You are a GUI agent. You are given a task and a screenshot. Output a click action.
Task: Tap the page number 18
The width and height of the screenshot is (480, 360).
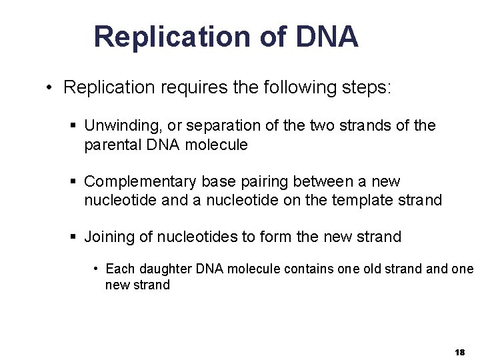[x=459, y=351]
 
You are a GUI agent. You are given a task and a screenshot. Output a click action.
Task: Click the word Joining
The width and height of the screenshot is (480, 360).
[x=107, y=237]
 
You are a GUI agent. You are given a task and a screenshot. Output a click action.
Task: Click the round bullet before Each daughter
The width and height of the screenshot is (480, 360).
[x=97, y=269]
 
